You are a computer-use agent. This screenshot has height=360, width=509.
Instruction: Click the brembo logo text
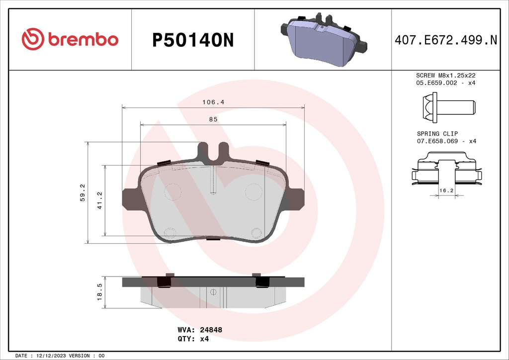[x=83, y=39]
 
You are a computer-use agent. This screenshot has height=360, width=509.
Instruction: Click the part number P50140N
[x=192, y=40]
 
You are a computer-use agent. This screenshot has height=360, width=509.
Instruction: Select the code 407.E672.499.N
[x=445, y=40]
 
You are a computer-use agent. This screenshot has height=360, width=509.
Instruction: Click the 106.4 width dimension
[x=213, y=102]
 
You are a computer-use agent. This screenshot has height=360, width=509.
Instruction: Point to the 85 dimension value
[x=213, y=119]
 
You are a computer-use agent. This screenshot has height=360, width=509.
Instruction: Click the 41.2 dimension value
[x=99, y=200]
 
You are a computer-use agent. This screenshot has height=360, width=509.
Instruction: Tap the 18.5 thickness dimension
[x=99, y=292]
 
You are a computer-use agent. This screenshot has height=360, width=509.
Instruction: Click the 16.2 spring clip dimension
[x=445, y=190]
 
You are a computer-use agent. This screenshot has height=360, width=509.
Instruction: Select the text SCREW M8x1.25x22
[x=445, y=75]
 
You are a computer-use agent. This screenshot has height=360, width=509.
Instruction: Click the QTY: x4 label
[x=193, y=339]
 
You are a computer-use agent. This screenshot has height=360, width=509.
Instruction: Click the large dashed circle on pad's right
[x=254, y=191]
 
